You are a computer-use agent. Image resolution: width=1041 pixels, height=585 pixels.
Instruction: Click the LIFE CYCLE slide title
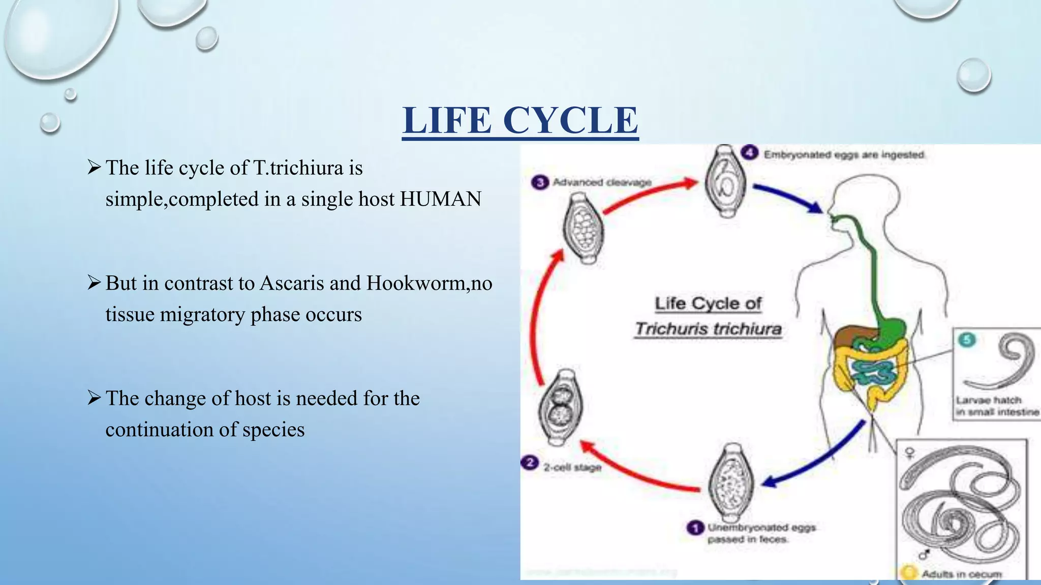point(520,120)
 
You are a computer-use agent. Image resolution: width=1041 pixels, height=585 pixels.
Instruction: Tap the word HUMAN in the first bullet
point(440,199)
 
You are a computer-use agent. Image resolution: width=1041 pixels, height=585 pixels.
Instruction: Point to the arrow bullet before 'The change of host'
point(95,398)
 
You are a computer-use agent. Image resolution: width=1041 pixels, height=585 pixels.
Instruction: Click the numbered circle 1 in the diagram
point(695,528)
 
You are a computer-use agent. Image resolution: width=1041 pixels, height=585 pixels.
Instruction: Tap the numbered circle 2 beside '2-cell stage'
point(530,463)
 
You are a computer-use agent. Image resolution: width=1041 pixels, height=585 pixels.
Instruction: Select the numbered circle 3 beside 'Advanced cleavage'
point(540,182)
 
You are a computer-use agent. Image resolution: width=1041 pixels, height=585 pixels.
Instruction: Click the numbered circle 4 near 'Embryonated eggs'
point(750,153)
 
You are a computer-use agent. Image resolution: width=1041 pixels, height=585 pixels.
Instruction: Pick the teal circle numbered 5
point(966,340)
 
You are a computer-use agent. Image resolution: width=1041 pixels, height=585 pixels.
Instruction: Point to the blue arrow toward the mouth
point(788,198)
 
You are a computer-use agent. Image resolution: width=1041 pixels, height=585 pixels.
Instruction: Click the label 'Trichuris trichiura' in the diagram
point(708,329)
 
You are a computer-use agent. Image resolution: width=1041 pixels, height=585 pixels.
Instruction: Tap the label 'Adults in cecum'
point(961,574)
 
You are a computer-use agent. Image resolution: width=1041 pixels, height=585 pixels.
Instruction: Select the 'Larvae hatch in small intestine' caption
point(997,406)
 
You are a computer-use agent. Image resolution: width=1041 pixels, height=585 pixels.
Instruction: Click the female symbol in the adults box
point(909,452)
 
